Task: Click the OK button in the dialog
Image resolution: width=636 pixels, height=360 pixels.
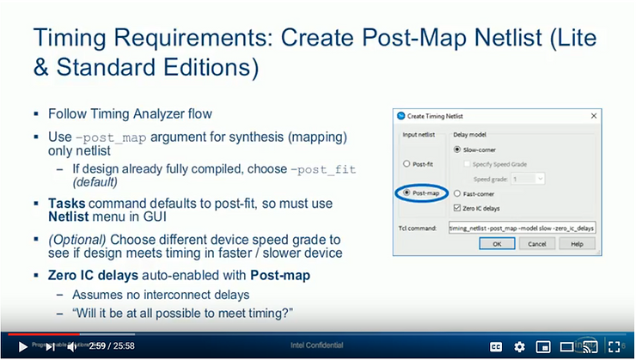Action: [497, 244]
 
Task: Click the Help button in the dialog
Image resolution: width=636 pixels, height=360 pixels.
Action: [577, 244]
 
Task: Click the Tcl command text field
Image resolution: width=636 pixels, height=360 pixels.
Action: [522, 228]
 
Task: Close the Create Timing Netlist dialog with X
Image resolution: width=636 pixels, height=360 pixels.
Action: [592, 115]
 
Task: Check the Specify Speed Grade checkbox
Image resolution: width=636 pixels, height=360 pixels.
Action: [468, 164]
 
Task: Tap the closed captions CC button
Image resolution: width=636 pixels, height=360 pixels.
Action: [496, 346]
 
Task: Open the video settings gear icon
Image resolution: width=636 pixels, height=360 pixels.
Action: [519, 346]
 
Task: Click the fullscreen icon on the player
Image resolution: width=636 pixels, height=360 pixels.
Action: [615, 346]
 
